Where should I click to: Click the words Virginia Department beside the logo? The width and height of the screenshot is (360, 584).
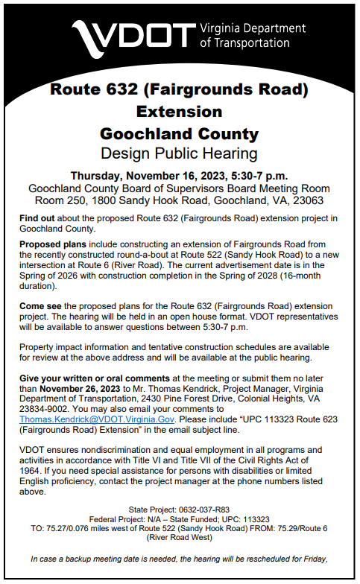coord(253,28)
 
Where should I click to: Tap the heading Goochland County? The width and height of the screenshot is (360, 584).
coord(179,134)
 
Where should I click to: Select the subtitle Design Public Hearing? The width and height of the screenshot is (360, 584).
coord(179,154)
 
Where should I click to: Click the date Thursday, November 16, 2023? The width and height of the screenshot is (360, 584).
coord(149,176)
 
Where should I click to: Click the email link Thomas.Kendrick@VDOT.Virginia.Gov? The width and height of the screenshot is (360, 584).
coord(86,420)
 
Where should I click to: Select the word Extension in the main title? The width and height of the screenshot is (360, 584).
coord(179,112)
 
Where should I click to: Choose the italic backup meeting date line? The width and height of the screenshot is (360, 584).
coord(179,558)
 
